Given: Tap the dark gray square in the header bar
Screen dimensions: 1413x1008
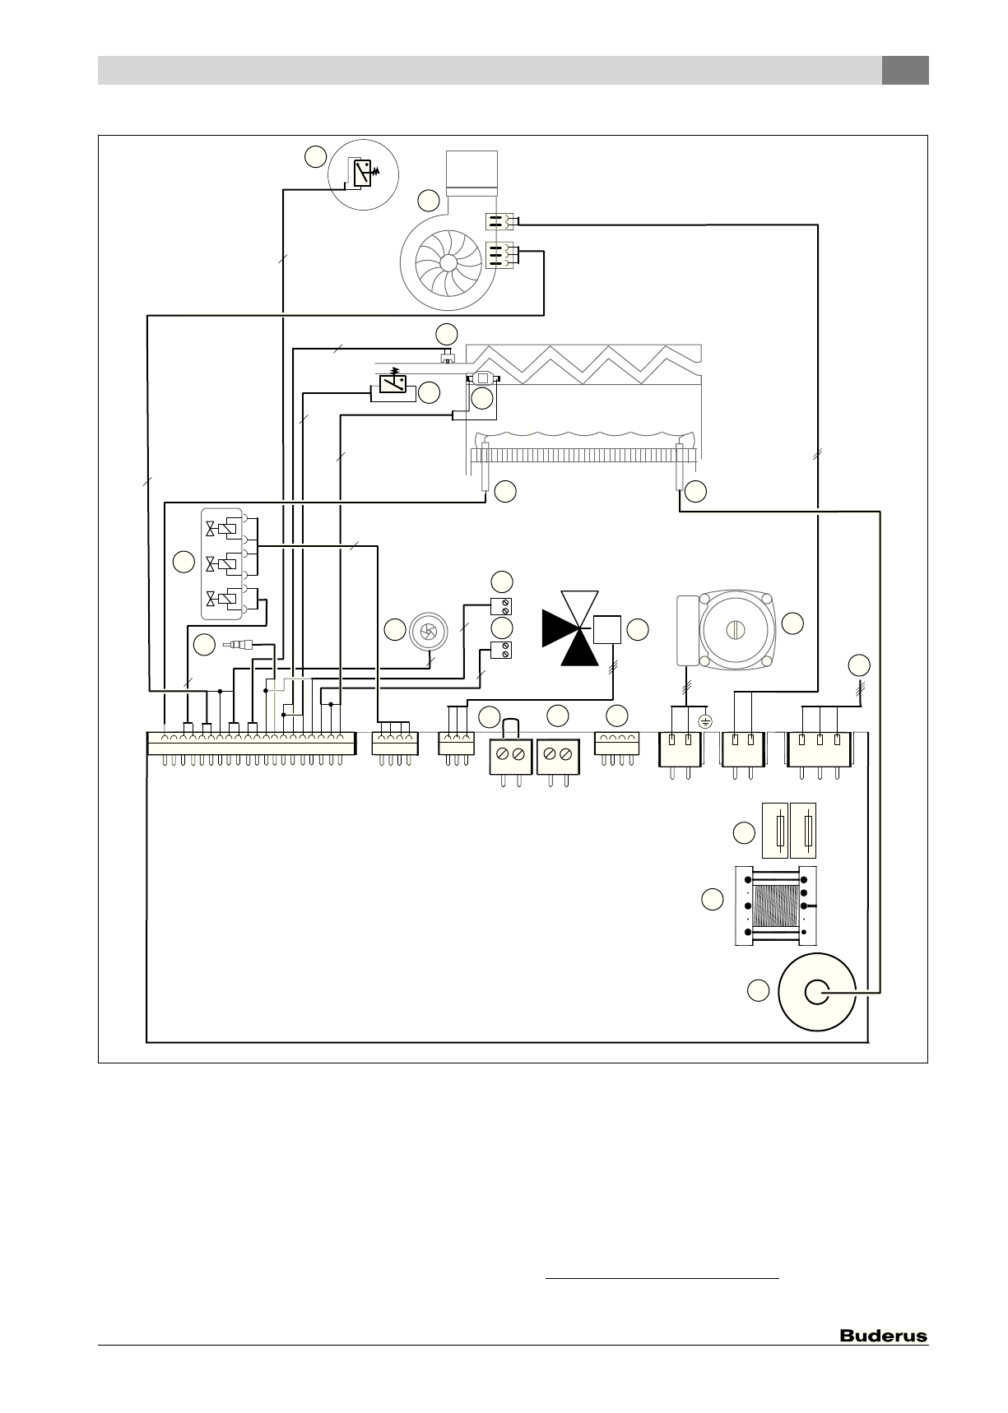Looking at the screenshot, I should (x=905, y=70).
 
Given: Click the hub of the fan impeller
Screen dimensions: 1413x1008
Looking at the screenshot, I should (x=448, y=262).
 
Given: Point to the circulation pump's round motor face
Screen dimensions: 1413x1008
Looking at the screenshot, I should (x=732, y=629).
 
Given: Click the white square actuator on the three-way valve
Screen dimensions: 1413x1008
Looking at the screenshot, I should (x=606, y=630).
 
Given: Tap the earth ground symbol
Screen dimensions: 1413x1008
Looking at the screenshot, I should (x=705, y=721).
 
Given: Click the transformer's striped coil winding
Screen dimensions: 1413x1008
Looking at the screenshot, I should (x=775, y=906).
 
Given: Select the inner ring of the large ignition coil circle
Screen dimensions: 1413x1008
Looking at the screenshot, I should (x=816, y=992).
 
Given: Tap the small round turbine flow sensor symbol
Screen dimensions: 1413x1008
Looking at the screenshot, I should (x=428, y=631).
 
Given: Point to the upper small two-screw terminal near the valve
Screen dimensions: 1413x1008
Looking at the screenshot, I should (x=501, y=607).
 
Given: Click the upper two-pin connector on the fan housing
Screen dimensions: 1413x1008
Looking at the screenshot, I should (x=499, y=221).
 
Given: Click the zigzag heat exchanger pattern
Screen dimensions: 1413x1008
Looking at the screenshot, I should (x=584, y=364).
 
